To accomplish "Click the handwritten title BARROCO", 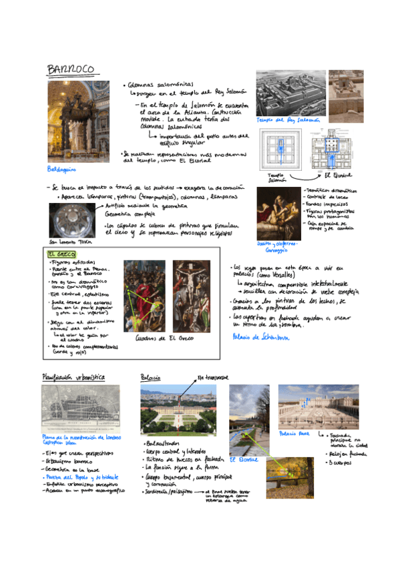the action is coord(73,69).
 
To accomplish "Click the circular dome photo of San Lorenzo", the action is coord(71,220).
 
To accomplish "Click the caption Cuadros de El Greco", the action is coord(165,338).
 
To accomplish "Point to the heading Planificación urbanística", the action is coord(73,376).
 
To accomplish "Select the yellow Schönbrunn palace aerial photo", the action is coord(179,410).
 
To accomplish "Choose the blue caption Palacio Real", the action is coord(292,434).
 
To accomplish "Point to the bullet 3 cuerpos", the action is coord(338,462).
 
